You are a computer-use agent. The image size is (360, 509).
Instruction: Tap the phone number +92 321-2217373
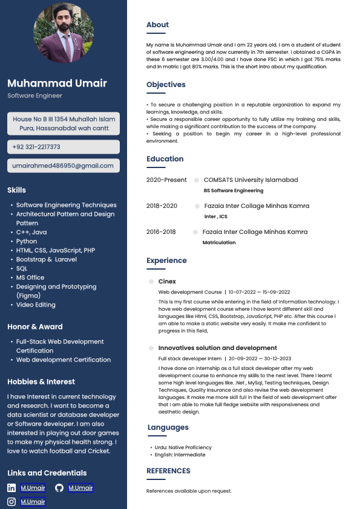(36, 147)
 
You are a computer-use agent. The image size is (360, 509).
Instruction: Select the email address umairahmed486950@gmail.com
(63, 166)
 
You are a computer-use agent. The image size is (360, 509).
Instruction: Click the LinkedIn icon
(11, 488)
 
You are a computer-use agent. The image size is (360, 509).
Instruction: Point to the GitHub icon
(59, 488)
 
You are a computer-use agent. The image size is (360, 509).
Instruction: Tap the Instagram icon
(11, 502)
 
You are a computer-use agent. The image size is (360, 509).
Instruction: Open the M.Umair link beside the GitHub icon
(80, 488)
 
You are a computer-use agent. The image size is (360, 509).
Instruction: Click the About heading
(157, 25)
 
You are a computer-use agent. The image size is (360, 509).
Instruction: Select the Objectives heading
(166, 85)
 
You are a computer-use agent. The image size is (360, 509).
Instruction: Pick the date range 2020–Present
(166, 180)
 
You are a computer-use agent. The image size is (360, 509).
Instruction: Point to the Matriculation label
(219, 242)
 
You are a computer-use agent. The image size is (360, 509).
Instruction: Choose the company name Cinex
(167, 282)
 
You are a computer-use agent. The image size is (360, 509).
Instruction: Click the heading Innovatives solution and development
(217, 348)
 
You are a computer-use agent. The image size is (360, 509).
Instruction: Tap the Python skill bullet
(27, 241)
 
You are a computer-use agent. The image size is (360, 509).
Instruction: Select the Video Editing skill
(36, 305)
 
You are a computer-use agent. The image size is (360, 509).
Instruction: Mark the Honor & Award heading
(35, 326)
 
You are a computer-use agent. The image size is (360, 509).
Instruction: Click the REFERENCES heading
(168, 471)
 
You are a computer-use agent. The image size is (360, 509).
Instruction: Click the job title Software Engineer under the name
(34, 96)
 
